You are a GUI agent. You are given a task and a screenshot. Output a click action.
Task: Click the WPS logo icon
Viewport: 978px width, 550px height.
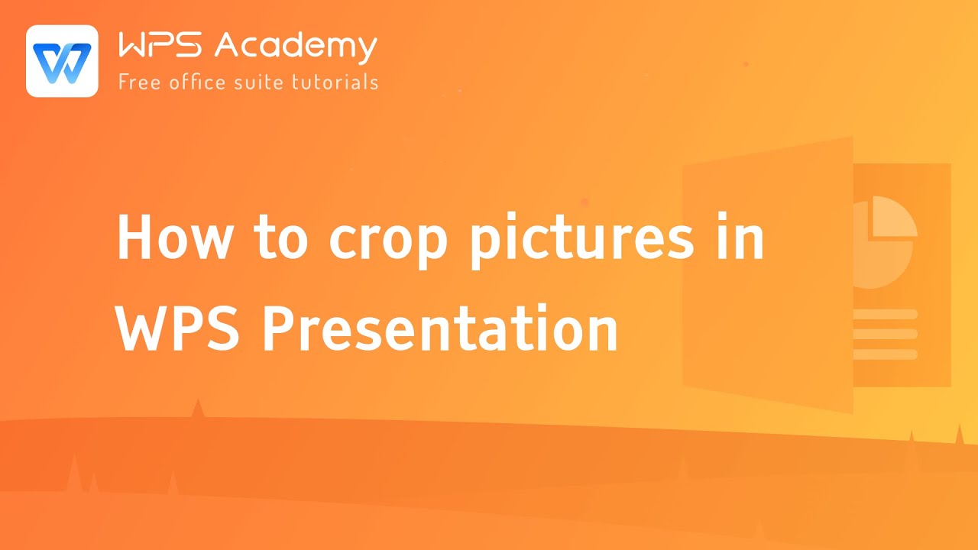click(62, 61)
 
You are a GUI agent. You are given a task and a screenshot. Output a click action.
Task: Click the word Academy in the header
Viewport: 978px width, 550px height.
click(296, 47)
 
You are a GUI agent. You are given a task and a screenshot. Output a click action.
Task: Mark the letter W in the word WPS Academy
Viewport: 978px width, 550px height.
click(134, 47)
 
